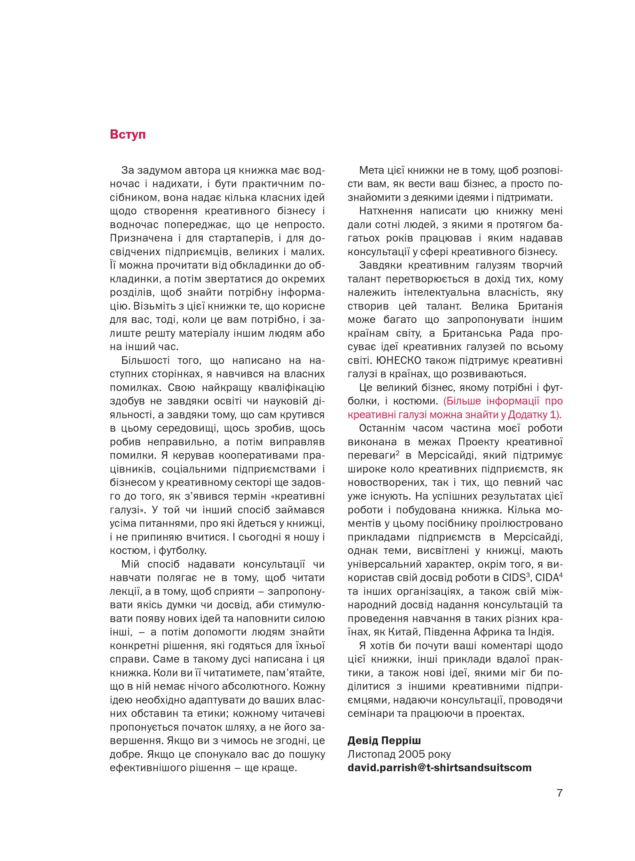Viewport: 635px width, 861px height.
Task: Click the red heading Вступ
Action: (128, 135)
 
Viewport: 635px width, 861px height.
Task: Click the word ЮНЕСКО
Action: (399, 360)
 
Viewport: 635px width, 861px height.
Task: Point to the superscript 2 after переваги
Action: (397, 453)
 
